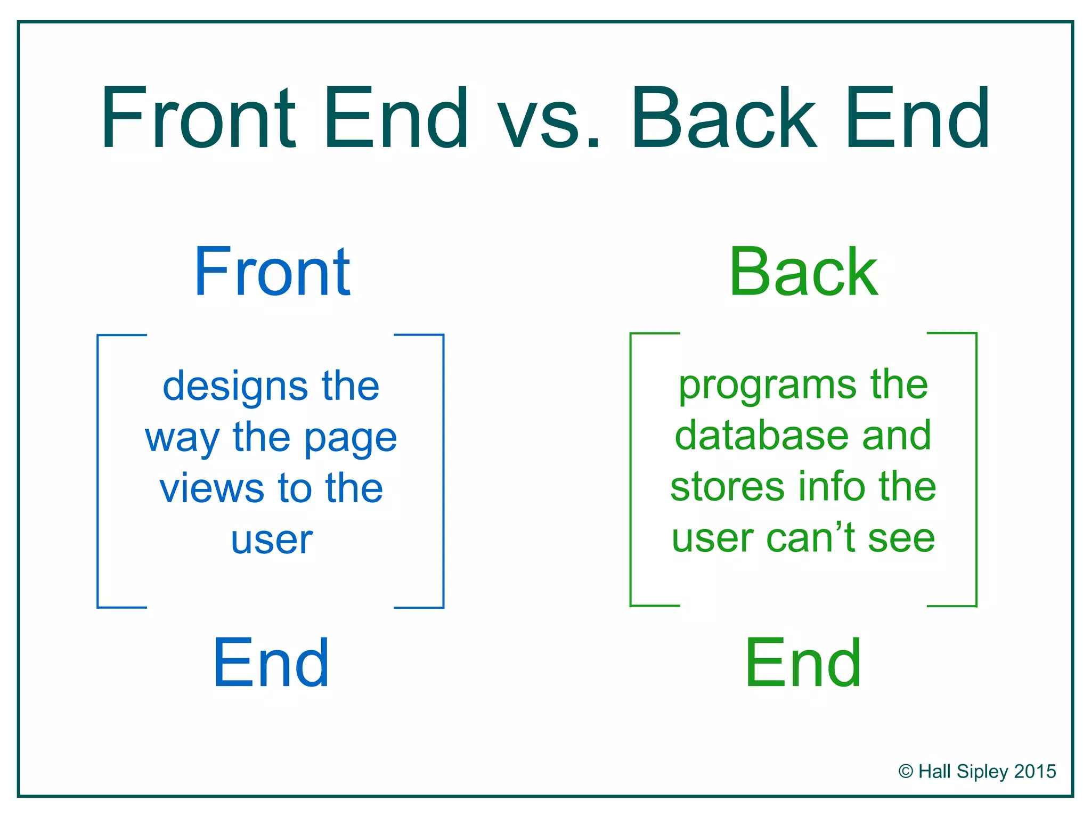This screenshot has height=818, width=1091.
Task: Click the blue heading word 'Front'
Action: click(272, 273)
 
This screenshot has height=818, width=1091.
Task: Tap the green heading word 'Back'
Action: click(803, 273)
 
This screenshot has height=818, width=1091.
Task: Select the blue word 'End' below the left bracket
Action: click(271, 664)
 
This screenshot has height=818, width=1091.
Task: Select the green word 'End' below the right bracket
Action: click(803, 664)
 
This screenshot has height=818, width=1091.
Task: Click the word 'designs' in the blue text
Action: click(235, 388)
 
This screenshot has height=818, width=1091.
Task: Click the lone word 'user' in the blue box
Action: click(272, 540)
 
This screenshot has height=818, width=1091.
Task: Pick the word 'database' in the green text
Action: click(760, 436)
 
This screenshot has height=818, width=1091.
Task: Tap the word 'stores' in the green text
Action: click(727, 487)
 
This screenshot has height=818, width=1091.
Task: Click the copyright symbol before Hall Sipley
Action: click(906, 772)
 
